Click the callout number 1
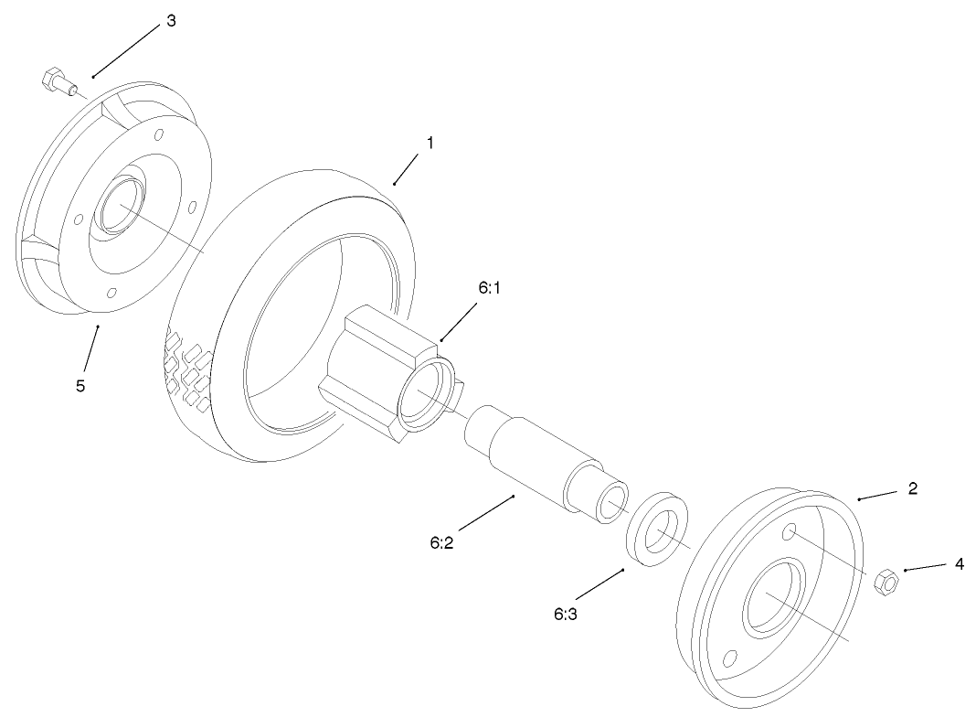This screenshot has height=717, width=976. pos(430,143)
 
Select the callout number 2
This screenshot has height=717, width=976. pos(912,488)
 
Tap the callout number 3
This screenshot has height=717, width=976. pos(170,21)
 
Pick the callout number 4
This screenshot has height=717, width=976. pos(959,564)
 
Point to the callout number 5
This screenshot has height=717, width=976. pos(80,386)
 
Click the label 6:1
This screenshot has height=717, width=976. pos(491,287)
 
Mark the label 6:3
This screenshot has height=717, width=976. pos(566,614)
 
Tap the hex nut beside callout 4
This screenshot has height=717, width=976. pos(885,581)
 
